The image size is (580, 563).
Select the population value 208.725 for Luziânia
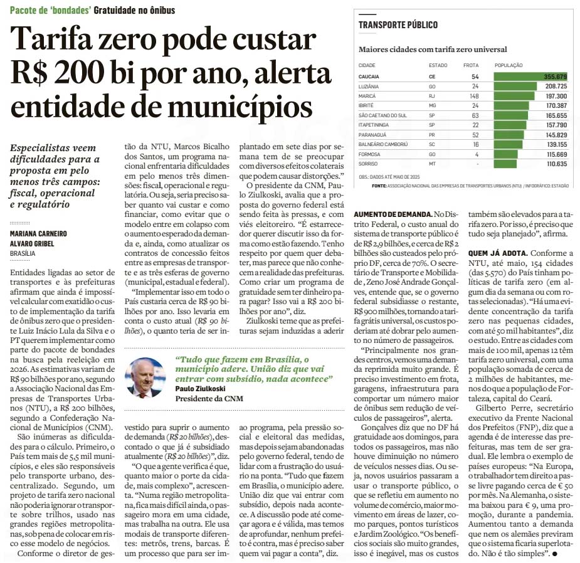point(556,86)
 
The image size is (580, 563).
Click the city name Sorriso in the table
point(369,164)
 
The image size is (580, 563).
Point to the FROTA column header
point(471,65)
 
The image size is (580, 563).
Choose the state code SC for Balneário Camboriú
point(432,144)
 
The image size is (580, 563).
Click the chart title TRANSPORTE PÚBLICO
point(398,25)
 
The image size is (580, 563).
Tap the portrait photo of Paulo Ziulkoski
point(145,378)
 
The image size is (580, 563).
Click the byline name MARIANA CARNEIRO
point(38,234)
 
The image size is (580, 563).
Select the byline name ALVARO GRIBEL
point(33,243)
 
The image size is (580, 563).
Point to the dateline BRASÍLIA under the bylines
point(23,253)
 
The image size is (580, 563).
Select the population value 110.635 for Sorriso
point(556,164)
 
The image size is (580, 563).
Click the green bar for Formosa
point(506,154)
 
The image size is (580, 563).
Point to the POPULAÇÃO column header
point(509,65)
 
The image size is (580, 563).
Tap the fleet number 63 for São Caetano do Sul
point(475,115)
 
